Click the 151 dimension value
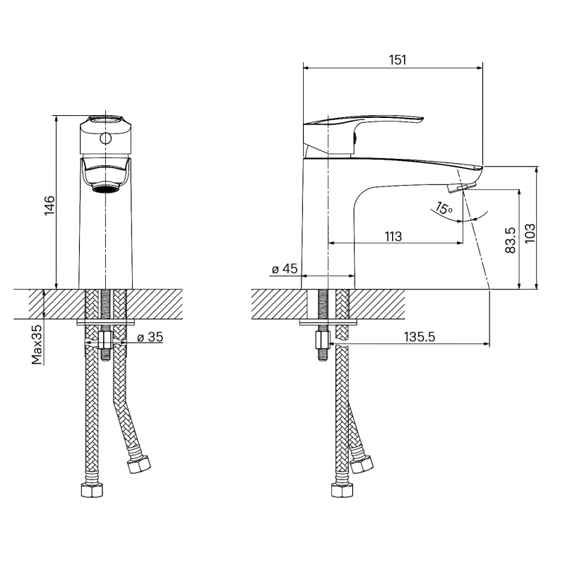[398, 60]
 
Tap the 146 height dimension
[49, 205]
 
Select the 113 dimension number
[393, 237]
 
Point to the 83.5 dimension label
[510, 239]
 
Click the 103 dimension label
[530, 233]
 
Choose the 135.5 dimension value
[420, 337]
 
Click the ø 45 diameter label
[285, 268]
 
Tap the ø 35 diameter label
[150, 337]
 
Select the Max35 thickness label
[37, 344]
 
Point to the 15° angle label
[444, 208]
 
